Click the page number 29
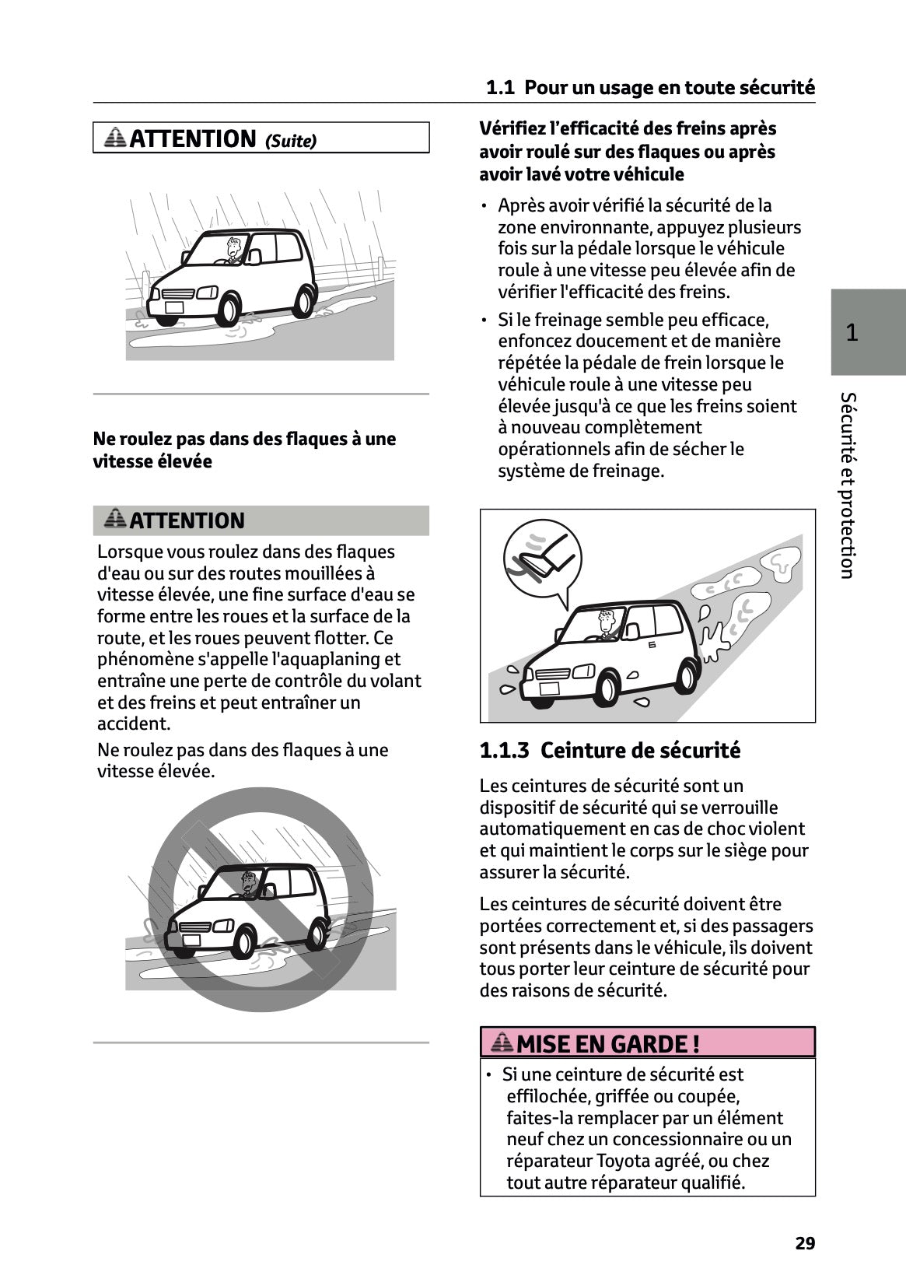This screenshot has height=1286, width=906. click(805, 1243)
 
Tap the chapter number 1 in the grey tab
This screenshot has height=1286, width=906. click(852, 333)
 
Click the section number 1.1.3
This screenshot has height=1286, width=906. click(504, 751)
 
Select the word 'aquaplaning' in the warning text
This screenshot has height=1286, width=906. click(339, 660)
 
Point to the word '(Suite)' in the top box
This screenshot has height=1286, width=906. click(291, 142)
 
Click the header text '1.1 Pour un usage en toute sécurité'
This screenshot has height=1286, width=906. click(650, 88)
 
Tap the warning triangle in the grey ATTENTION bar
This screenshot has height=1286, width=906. click(115, 519)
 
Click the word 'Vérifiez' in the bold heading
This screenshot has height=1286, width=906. click(512, 128)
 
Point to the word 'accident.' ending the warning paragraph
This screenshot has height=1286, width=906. click(133, 724)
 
